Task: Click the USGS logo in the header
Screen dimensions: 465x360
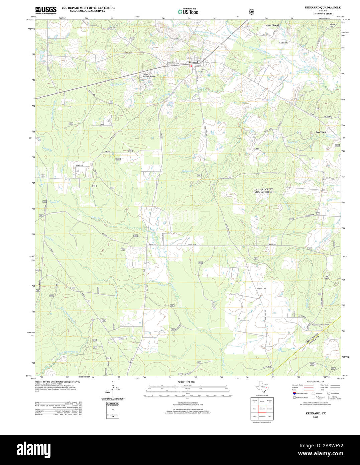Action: pyautogui.click(x=46, y=10)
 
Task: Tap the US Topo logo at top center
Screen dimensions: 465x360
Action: pyautogui.click(x=188, y=12)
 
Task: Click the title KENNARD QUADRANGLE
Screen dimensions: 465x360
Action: pyautogui.click(x=323, y=7)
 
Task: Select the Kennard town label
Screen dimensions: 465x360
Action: pyautogui.click(x=193, y=62)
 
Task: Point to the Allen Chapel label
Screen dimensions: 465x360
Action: pyautogui.click(x=272, y=25)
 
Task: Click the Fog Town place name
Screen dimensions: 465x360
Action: pyautogui.click(x=321, y=132)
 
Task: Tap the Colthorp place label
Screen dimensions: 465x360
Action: pyautogui.click(x=283, y=43)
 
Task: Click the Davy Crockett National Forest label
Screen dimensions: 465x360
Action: pyautogui.click(x=263, y=191)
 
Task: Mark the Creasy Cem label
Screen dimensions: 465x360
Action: pyautogui.click(x=262, y=289)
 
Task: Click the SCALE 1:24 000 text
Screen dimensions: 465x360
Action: pyautogui.click(x=186, y=382)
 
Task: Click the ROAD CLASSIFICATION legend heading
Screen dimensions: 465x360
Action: pyautogui.click(x=316, y=382)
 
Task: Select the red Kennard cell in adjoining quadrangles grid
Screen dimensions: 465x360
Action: pyautogui.click(x=262, y=408)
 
